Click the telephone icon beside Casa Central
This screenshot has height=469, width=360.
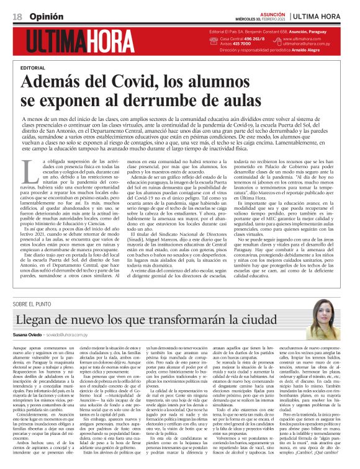(x=214, y=39)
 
